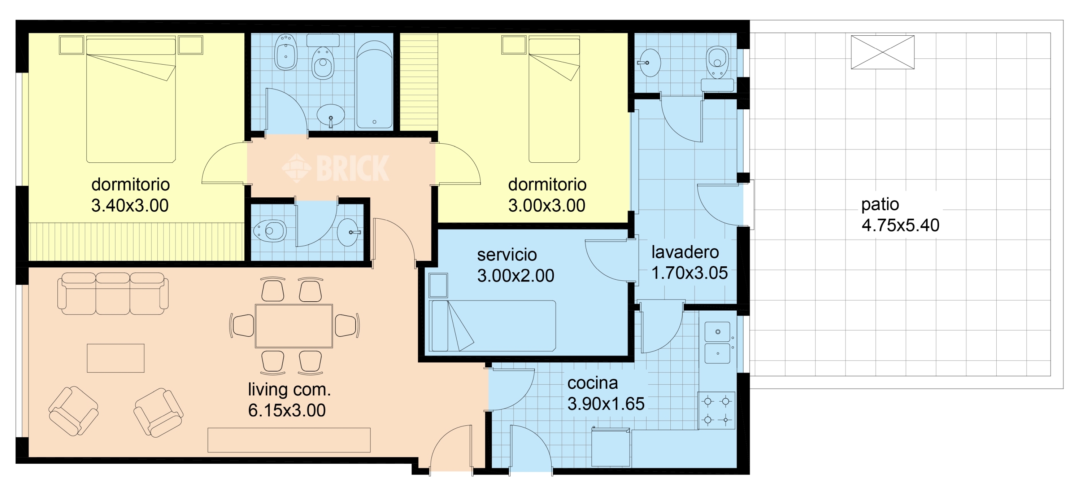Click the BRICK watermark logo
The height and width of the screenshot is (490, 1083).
[x=335, y=168]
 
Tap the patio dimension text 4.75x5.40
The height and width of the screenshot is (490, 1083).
[x=900, y=225]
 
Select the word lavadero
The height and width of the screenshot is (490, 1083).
[x=685, y=252]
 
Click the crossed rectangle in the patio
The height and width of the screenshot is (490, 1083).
[x=882, y=52]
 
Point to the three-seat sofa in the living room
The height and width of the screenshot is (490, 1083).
[x=113, y=293]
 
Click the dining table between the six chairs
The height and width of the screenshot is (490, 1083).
[x=293, y=326]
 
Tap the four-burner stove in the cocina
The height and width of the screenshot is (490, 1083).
[x=716, y=410]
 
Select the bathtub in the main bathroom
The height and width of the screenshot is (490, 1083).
[x=374, y=84]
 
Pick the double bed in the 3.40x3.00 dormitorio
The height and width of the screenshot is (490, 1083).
[x=131, y=101]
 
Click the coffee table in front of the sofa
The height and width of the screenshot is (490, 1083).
[x=116, y=358]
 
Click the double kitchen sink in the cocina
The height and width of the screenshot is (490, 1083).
[x=717, y=342]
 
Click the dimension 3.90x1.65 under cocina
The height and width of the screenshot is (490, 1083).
[x=605, y=404]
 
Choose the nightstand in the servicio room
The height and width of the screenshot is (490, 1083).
[x=438, y=285]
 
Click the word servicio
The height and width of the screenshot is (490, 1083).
[x=506, y=255]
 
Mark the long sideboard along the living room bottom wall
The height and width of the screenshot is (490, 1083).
[x=289, y=440]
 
